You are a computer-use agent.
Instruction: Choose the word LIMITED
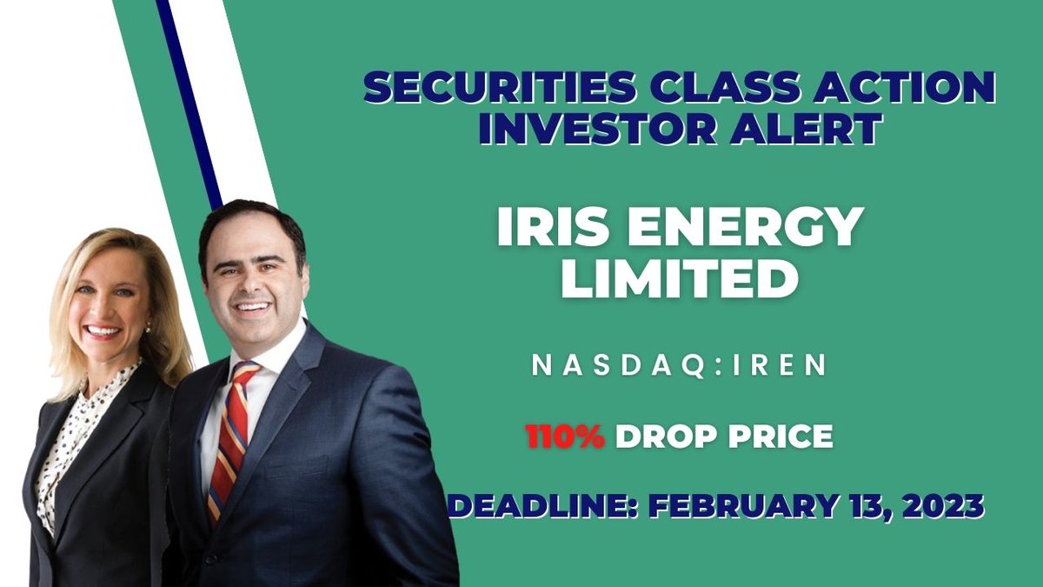click(680, 280)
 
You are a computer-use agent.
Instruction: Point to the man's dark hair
click(252, 222)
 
